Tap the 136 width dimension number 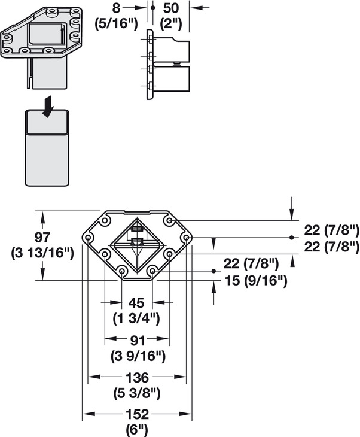pyautogui.click(x=137, y=378)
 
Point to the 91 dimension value pyautogui.click(x=137, y=340)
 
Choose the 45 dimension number pyautogui.click(x=137, y=302)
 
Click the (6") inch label pyautogui.click(x=137, y=429)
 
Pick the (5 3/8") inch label pyautogui.click(x=137, y=393)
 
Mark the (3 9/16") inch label pyautogui.click(x=137, y=356)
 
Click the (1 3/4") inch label pyautogui.click(x=137, y=318)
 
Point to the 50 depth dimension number pyautogui.click(x=172, y=8)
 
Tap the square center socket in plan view pyautogui.click(x=137, y=245)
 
